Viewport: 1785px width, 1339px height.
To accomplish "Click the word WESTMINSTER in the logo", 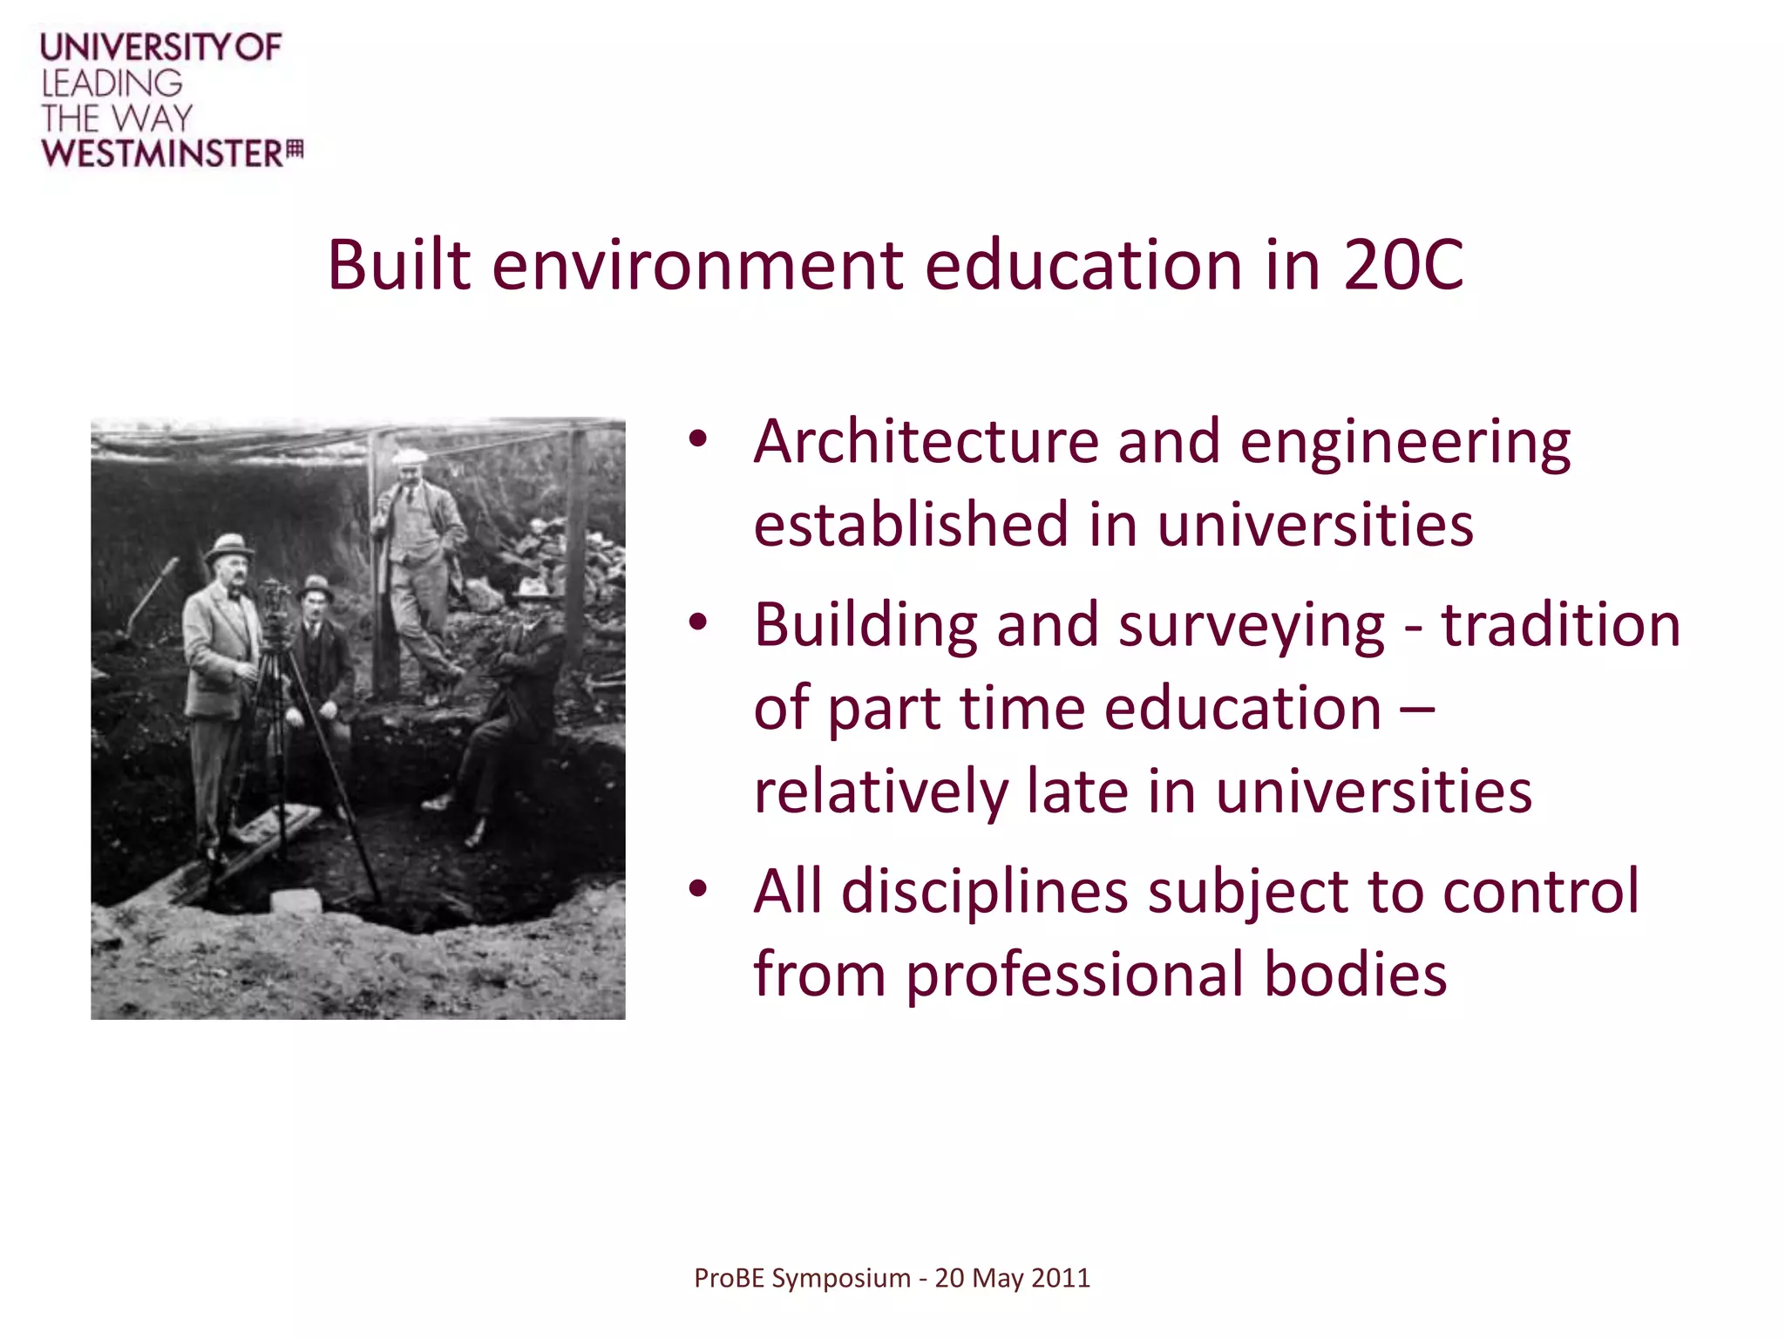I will tap(162, 153).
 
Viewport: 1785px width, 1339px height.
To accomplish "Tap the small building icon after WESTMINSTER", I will tap(295, 150).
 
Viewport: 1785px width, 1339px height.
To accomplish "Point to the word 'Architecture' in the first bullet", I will tap(926, 442).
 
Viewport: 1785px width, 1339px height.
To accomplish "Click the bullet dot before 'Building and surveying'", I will tap(697, 622).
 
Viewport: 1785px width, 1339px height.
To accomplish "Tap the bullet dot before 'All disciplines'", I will tap(697, 889).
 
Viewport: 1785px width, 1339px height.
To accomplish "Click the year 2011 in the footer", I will tap(1061, 1278).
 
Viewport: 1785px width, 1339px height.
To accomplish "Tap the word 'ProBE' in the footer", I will tap(730, 1278).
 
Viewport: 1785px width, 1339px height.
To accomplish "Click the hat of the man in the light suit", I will tap(229, 547).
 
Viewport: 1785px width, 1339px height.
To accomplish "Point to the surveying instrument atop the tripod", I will tap(274, 602).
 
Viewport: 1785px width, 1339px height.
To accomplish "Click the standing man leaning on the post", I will tap(417, 558).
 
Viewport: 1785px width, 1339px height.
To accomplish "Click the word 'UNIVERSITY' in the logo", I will tap(136, 47).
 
